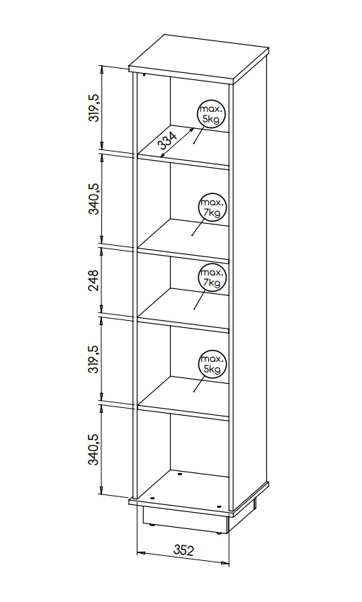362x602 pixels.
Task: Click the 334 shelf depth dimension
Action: pyautogui.click(x=167, y=141)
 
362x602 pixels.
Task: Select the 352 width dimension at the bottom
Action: pyautogui.click(x=183, y=550)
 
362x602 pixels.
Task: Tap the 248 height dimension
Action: pyautogui.click(x=94, y=280)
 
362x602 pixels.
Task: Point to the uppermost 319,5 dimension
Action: pyautogui.click(x=94, y=108)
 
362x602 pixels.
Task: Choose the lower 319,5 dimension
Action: pyautogui.click(x=94, y=360)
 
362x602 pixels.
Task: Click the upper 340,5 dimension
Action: pyautogui.click(x=94, y=199)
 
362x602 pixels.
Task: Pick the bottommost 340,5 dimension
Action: pyautogui.click(x=94, y=450)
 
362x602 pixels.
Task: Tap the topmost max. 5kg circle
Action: pyautogui.click(x=211, y=114)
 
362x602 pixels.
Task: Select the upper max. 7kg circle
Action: pyautogui.click(x=213, y=208)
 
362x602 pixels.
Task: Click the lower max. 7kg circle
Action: pyautogui.click(x=213, y=278)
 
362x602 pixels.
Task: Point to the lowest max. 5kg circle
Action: pyautogui.click(x=213, y=365)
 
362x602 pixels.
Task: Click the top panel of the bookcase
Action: pyautogui.click(x=199, y=58)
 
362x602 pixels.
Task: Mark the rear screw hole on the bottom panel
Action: pyautogui.click(x=180, y=474)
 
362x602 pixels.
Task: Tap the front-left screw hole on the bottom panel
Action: pyautogui.click(x=153, y=498)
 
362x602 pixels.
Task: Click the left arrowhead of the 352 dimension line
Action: pyautogui.click(x=140, y=553)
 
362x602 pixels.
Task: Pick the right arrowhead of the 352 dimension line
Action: pyautogui.click(x=225, y=562)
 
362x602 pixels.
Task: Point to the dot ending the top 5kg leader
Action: pyautogui.click(x=195, y=143)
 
